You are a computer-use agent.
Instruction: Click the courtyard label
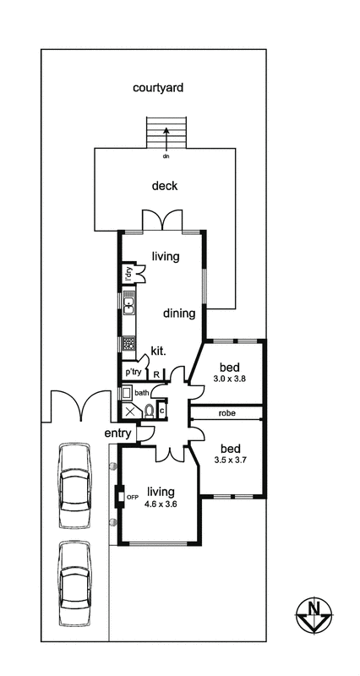pos(158,88)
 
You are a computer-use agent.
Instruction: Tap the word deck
pos(165,186)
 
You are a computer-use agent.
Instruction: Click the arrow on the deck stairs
pos(166,139)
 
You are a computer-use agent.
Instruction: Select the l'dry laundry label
pos(128,273)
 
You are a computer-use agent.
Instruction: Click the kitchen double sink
pos(129,303)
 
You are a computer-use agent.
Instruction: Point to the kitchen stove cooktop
pos(129,342)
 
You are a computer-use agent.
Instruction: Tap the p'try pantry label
pos(134,371)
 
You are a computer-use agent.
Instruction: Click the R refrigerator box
pos(156,374)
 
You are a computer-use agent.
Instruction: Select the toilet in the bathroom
pos(150,410)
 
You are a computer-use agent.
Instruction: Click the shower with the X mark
pos(131,411)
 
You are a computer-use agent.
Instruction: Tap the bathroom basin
pos(128,393)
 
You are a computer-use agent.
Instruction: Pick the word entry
pos(118,433)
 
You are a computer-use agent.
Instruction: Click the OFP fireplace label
pos(132,497)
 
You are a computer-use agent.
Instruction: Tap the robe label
pos(226,412)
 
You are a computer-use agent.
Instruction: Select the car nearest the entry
pos(75,485)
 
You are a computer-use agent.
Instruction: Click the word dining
pos(179,313)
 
